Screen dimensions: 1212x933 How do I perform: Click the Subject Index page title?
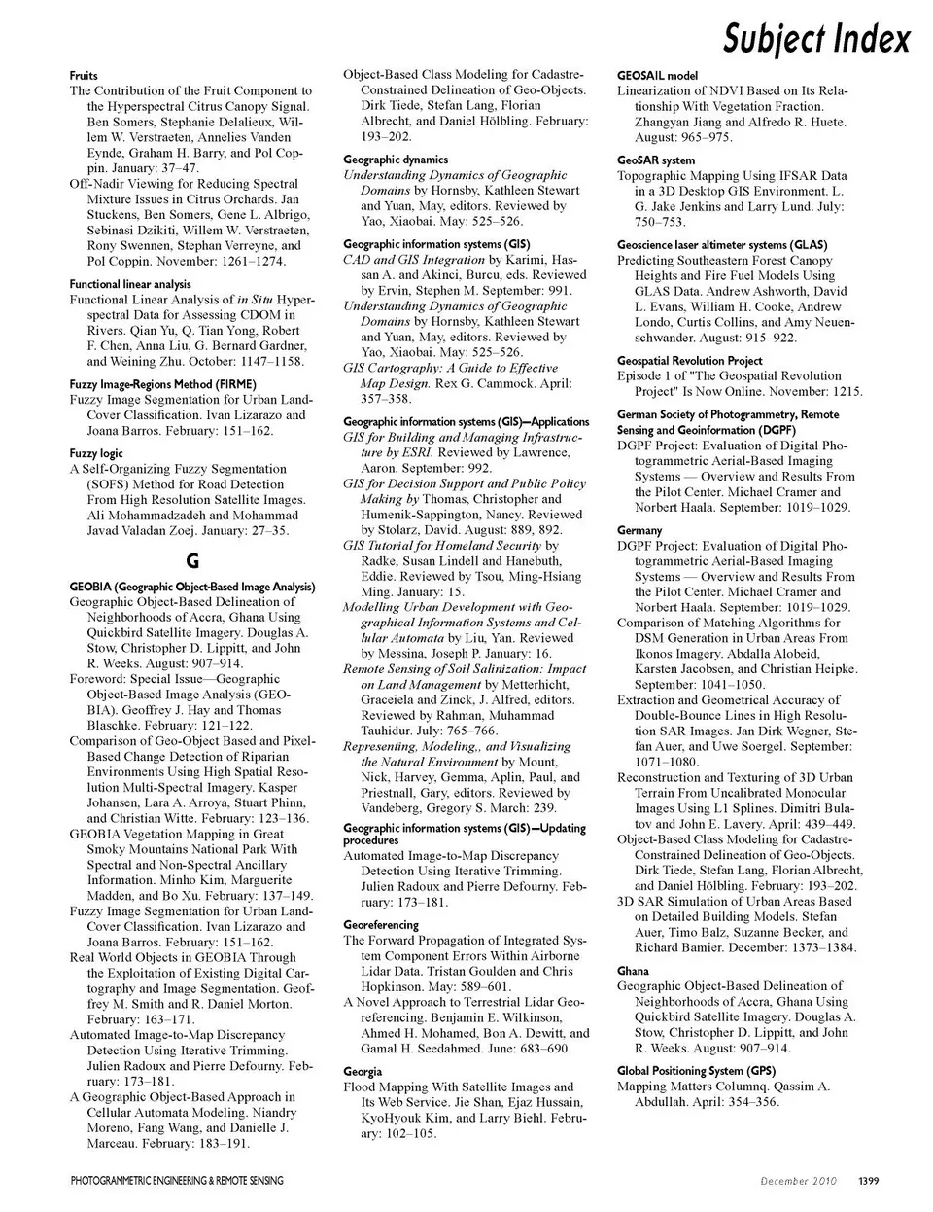[816, 38]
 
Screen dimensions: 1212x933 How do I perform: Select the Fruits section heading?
[84, 75]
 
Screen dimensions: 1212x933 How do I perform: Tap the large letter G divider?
[191, 561]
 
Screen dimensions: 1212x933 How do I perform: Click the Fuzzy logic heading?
[96, 453]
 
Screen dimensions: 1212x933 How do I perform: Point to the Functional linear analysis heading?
[130, 284]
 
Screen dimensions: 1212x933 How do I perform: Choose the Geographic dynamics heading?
[396, 160]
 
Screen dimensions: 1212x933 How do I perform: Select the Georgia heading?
[363, 1072]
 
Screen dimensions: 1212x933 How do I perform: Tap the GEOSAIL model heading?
[657, 75]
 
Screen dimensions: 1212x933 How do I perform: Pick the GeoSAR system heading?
[656, 160]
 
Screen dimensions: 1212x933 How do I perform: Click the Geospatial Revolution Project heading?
[689, 361]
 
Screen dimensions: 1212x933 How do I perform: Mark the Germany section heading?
[639, 531]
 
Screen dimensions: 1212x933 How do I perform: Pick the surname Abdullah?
[667, 1102]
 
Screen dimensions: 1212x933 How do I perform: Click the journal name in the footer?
[177, 1181]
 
